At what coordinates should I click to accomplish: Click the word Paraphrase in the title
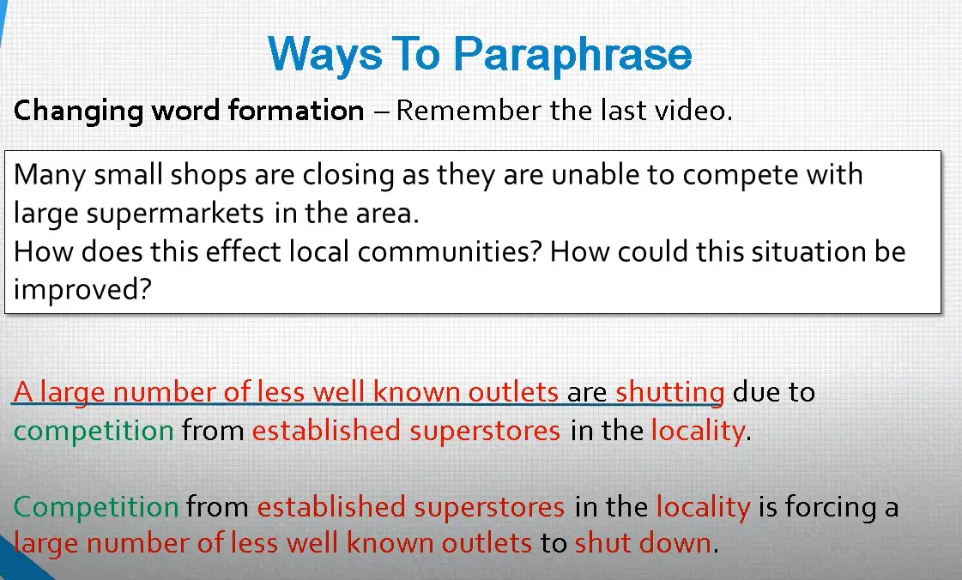pos(572,55)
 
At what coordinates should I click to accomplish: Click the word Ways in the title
pos(325,55)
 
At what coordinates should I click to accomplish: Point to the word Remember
pos(469,111)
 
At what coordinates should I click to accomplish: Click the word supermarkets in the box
pos(175,214)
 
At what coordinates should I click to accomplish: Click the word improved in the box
pos(82,290)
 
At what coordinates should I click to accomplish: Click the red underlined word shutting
pos(670,392)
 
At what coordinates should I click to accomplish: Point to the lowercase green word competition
pos(94,431)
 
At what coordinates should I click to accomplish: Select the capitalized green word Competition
pos(96,508)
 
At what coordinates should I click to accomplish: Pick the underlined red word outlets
pos(513,392)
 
